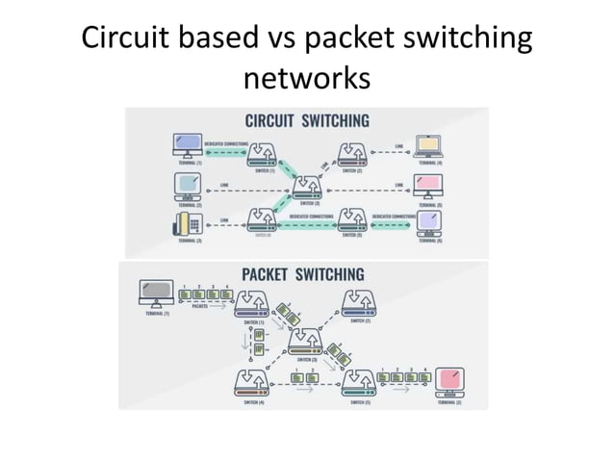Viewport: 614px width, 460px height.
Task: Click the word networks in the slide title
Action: [x=307, y=76]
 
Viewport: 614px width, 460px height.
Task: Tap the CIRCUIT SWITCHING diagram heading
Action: [x=307, y=121]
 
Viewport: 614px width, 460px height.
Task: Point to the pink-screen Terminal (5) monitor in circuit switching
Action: [x=425, y=184]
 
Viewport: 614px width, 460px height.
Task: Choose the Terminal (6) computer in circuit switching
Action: [x=425, y=220]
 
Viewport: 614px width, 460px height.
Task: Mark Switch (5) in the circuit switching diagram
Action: [x=351, y=220]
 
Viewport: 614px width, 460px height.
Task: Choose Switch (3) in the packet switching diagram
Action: [x=307, y=341]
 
